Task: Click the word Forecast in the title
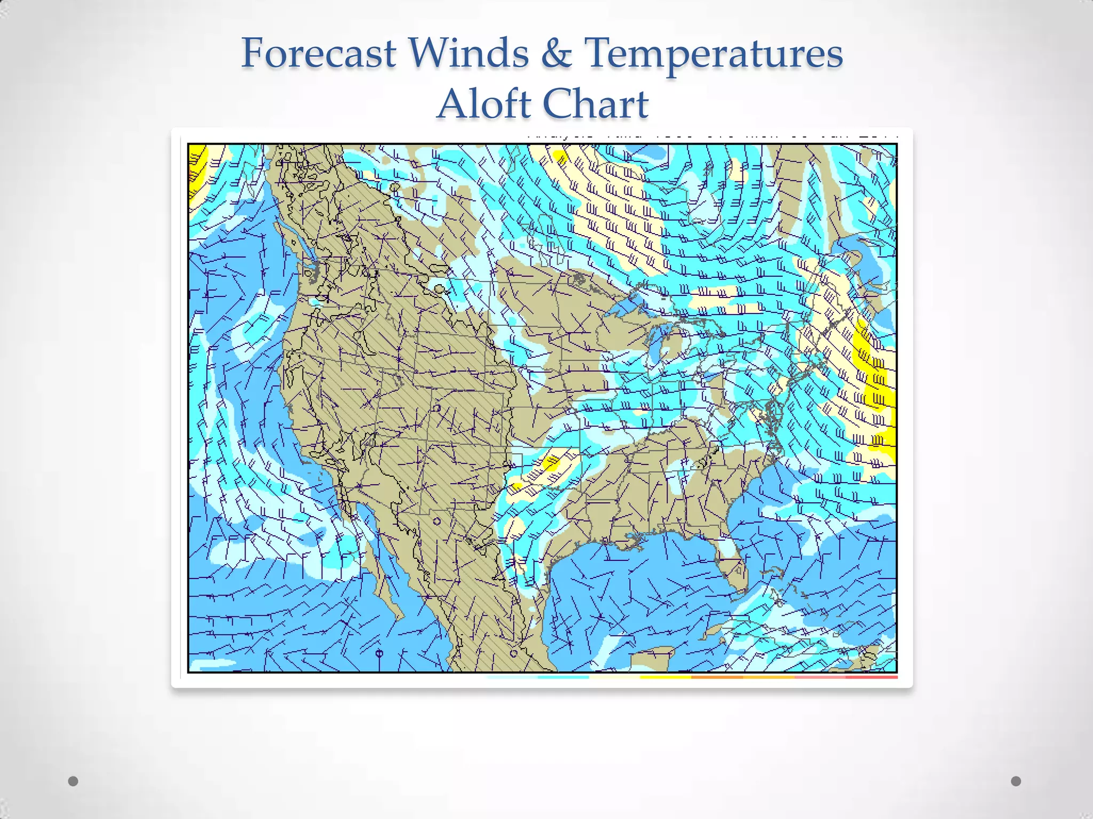click(319, 53)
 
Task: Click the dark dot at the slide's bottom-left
click(73, 781)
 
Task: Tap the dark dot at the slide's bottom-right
click(1016, 781)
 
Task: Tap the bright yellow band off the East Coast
click(875, 384)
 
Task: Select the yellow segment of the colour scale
click(665, 677)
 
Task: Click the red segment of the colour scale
click(871, 677)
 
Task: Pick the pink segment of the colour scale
click(820, 677)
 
